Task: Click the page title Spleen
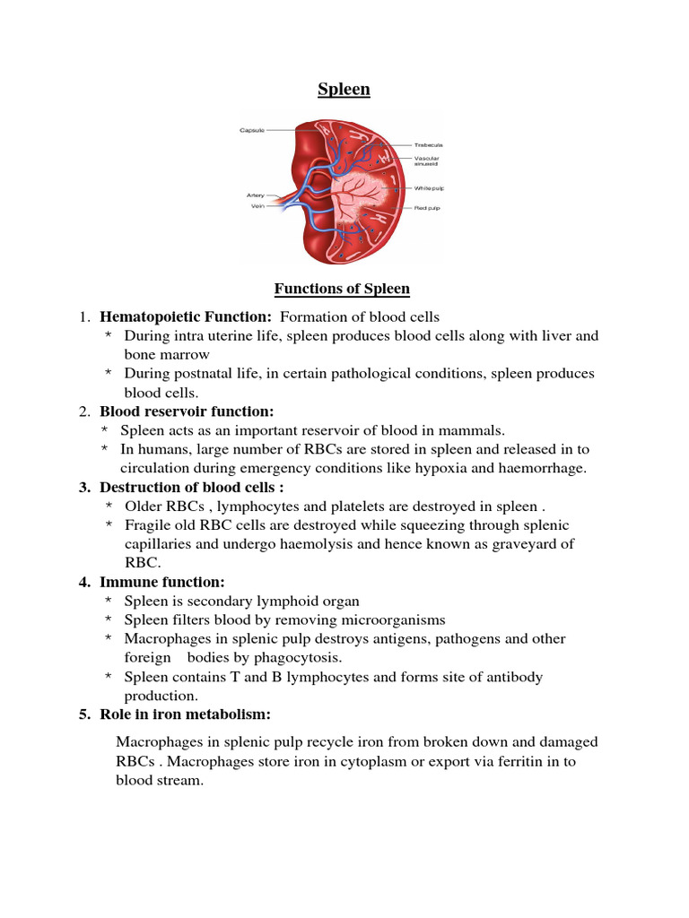344,89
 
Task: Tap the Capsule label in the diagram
252,129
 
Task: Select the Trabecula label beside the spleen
428,144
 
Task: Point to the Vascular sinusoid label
427,162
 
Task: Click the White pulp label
428,188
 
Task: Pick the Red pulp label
427,207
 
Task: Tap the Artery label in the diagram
256,195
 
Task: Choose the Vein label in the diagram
258,205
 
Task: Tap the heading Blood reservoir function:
187,411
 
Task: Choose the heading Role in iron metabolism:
185,714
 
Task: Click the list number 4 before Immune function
83,582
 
